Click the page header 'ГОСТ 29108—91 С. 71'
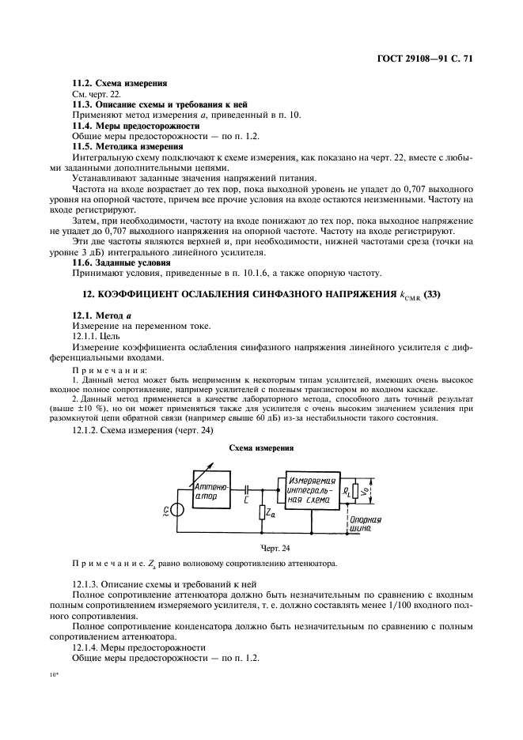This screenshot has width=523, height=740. point(428,59)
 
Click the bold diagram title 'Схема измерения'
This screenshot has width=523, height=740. point(261,447)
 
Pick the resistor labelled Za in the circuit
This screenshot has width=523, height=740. point(262,514)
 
